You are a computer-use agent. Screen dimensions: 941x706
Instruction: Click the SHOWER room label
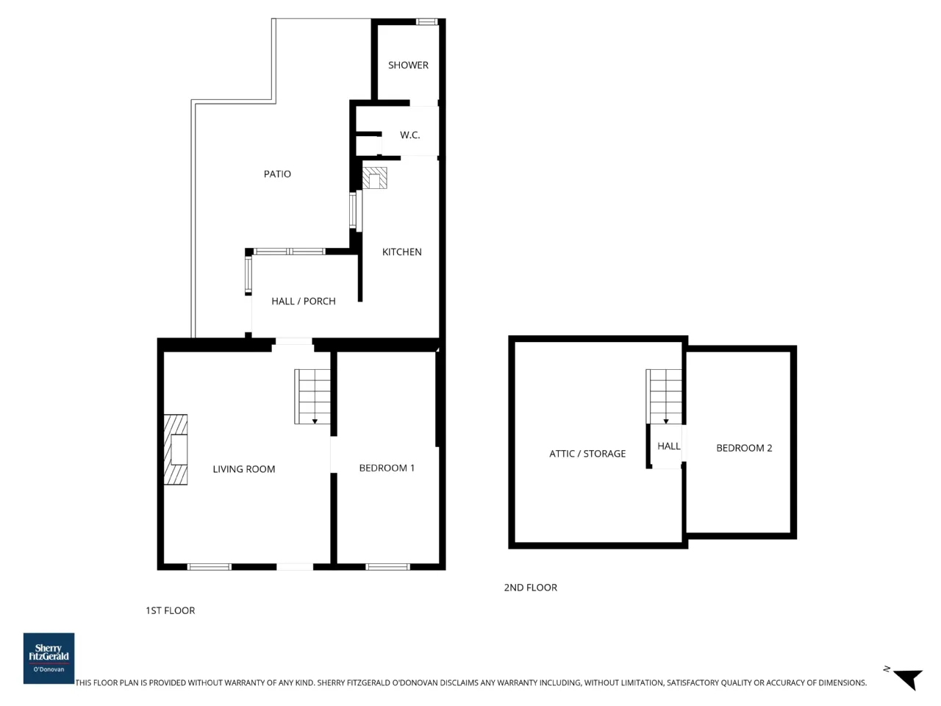pos(408,65)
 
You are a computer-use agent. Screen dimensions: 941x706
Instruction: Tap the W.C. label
pos(409,135)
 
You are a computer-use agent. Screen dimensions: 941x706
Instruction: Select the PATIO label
pos(277,174)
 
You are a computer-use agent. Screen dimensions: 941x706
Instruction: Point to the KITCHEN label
pos(401,252)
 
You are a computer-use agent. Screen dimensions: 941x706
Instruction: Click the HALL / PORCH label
pos(304,302)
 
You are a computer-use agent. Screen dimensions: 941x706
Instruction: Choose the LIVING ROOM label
pos(244,469)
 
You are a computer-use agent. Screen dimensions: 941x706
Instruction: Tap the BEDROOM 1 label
pos(387,468)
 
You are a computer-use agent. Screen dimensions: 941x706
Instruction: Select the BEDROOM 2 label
pos(744,449)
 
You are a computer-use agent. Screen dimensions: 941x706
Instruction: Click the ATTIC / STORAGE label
pos(587,454)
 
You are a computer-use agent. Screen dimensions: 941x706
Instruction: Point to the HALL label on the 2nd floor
pos(669,446)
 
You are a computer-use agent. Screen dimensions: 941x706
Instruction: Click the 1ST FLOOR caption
pos(171,611)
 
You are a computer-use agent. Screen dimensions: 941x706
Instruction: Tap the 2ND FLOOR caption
pos(530,588)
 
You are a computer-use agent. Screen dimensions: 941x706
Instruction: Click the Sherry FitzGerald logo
pos(49,658)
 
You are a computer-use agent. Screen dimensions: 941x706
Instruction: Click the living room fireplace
pos(176,449)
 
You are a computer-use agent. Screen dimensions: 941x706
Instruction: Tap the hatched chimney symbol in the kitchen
pos(375,178)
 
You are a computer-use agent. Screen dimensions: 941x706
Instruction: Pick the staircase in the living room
pos(312,397)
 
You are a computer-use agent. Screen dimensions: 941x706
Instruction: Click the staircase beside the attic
pos(664,397)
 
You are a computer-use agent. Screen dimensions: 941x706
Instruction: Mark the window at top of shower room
pos(427,21)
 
